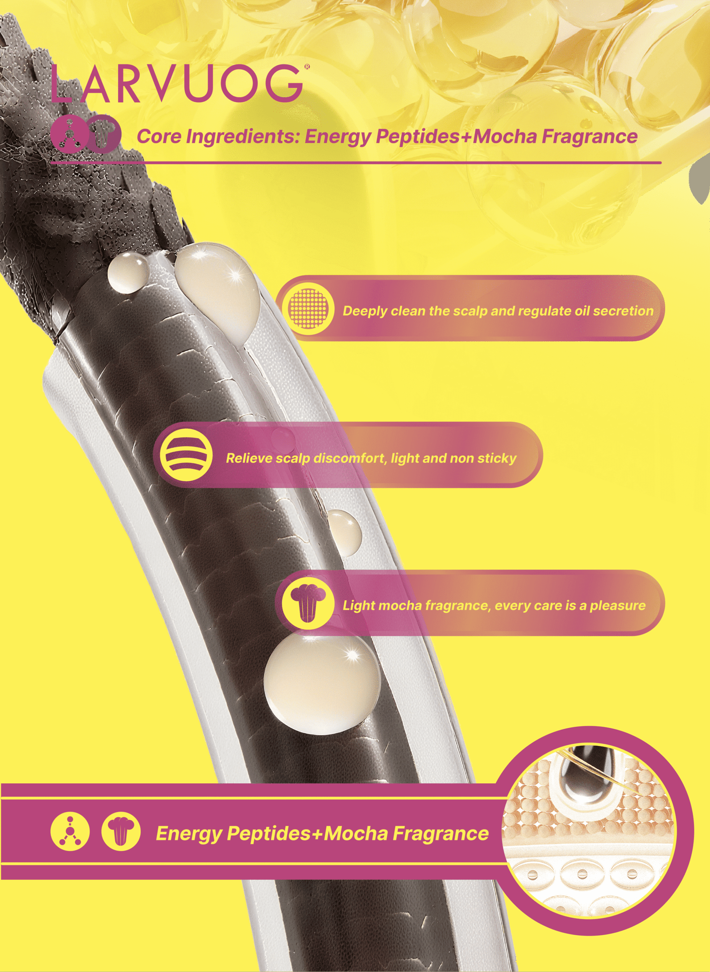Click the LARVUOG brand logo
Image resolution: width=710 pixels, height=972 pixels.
177,83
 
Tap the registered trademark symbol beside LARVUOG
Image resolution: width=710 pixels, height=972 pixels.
307,67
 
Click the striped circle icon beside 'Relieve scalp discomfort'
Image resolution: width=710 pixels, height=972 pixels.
186,455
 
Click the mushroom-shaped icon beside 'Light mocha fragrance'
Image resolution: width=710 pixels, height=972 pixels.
308,602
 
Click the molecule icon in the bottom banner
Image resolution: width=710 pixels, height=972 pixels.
70,831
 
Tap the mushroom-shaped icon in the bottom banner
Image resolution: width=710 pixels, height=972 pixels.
121,831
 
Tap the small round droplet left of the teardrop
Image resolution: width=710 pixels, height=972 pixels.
128,273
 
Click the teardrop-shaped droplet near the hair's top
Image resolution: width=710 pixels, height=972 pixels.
217,293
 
